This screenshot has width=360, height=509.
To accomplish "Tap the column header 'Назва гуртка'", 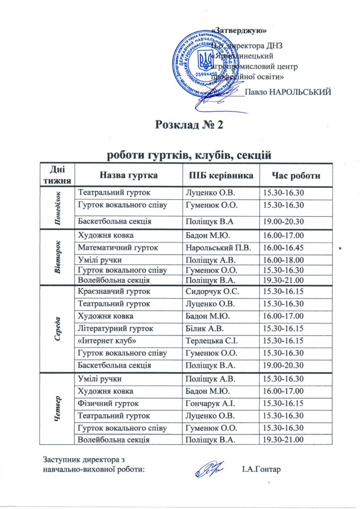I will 129,175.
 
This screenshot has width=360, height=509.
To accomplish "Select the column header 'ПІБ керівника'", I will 218,175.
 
